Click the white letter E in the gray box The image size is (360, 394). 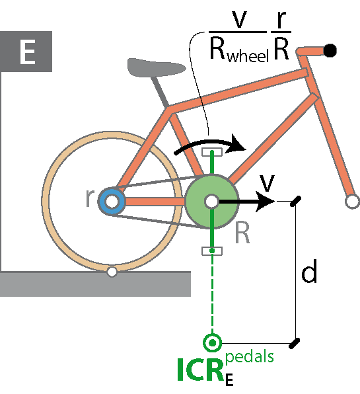point(27,52)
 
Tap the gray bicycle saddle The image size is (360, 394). point(156,67)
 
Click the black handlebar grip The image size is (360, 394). point(330,50)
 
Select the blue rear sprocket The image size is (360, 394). point(112,201)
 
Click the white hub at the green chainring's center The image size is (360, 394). point(211,201)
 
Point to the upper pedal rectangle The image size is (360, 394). point(212,152)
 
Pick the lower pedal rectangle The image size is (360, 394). point(212,251)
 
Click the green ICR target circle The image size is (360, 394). point(213,342)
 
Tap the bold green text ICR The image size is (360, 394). point(200,370)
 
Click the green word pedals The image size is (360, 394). point(250,357)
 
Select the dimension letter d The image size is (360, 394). point(309,272)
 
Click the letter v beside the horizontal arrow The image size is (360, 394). point(267,183)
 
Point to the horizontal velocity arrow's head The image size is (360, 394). point(266,201)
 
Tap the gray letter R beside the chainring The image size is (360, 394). point(242,233)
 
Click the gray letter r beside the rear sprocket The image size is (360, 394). point(90,198)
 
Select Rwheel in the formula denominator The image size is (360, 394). point(239,52)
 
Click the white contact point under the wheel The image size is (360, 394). point(112,272)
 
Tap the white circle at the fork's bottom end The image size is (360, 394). point(352,201)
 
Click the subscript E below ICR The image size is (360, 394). point(229,379)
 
